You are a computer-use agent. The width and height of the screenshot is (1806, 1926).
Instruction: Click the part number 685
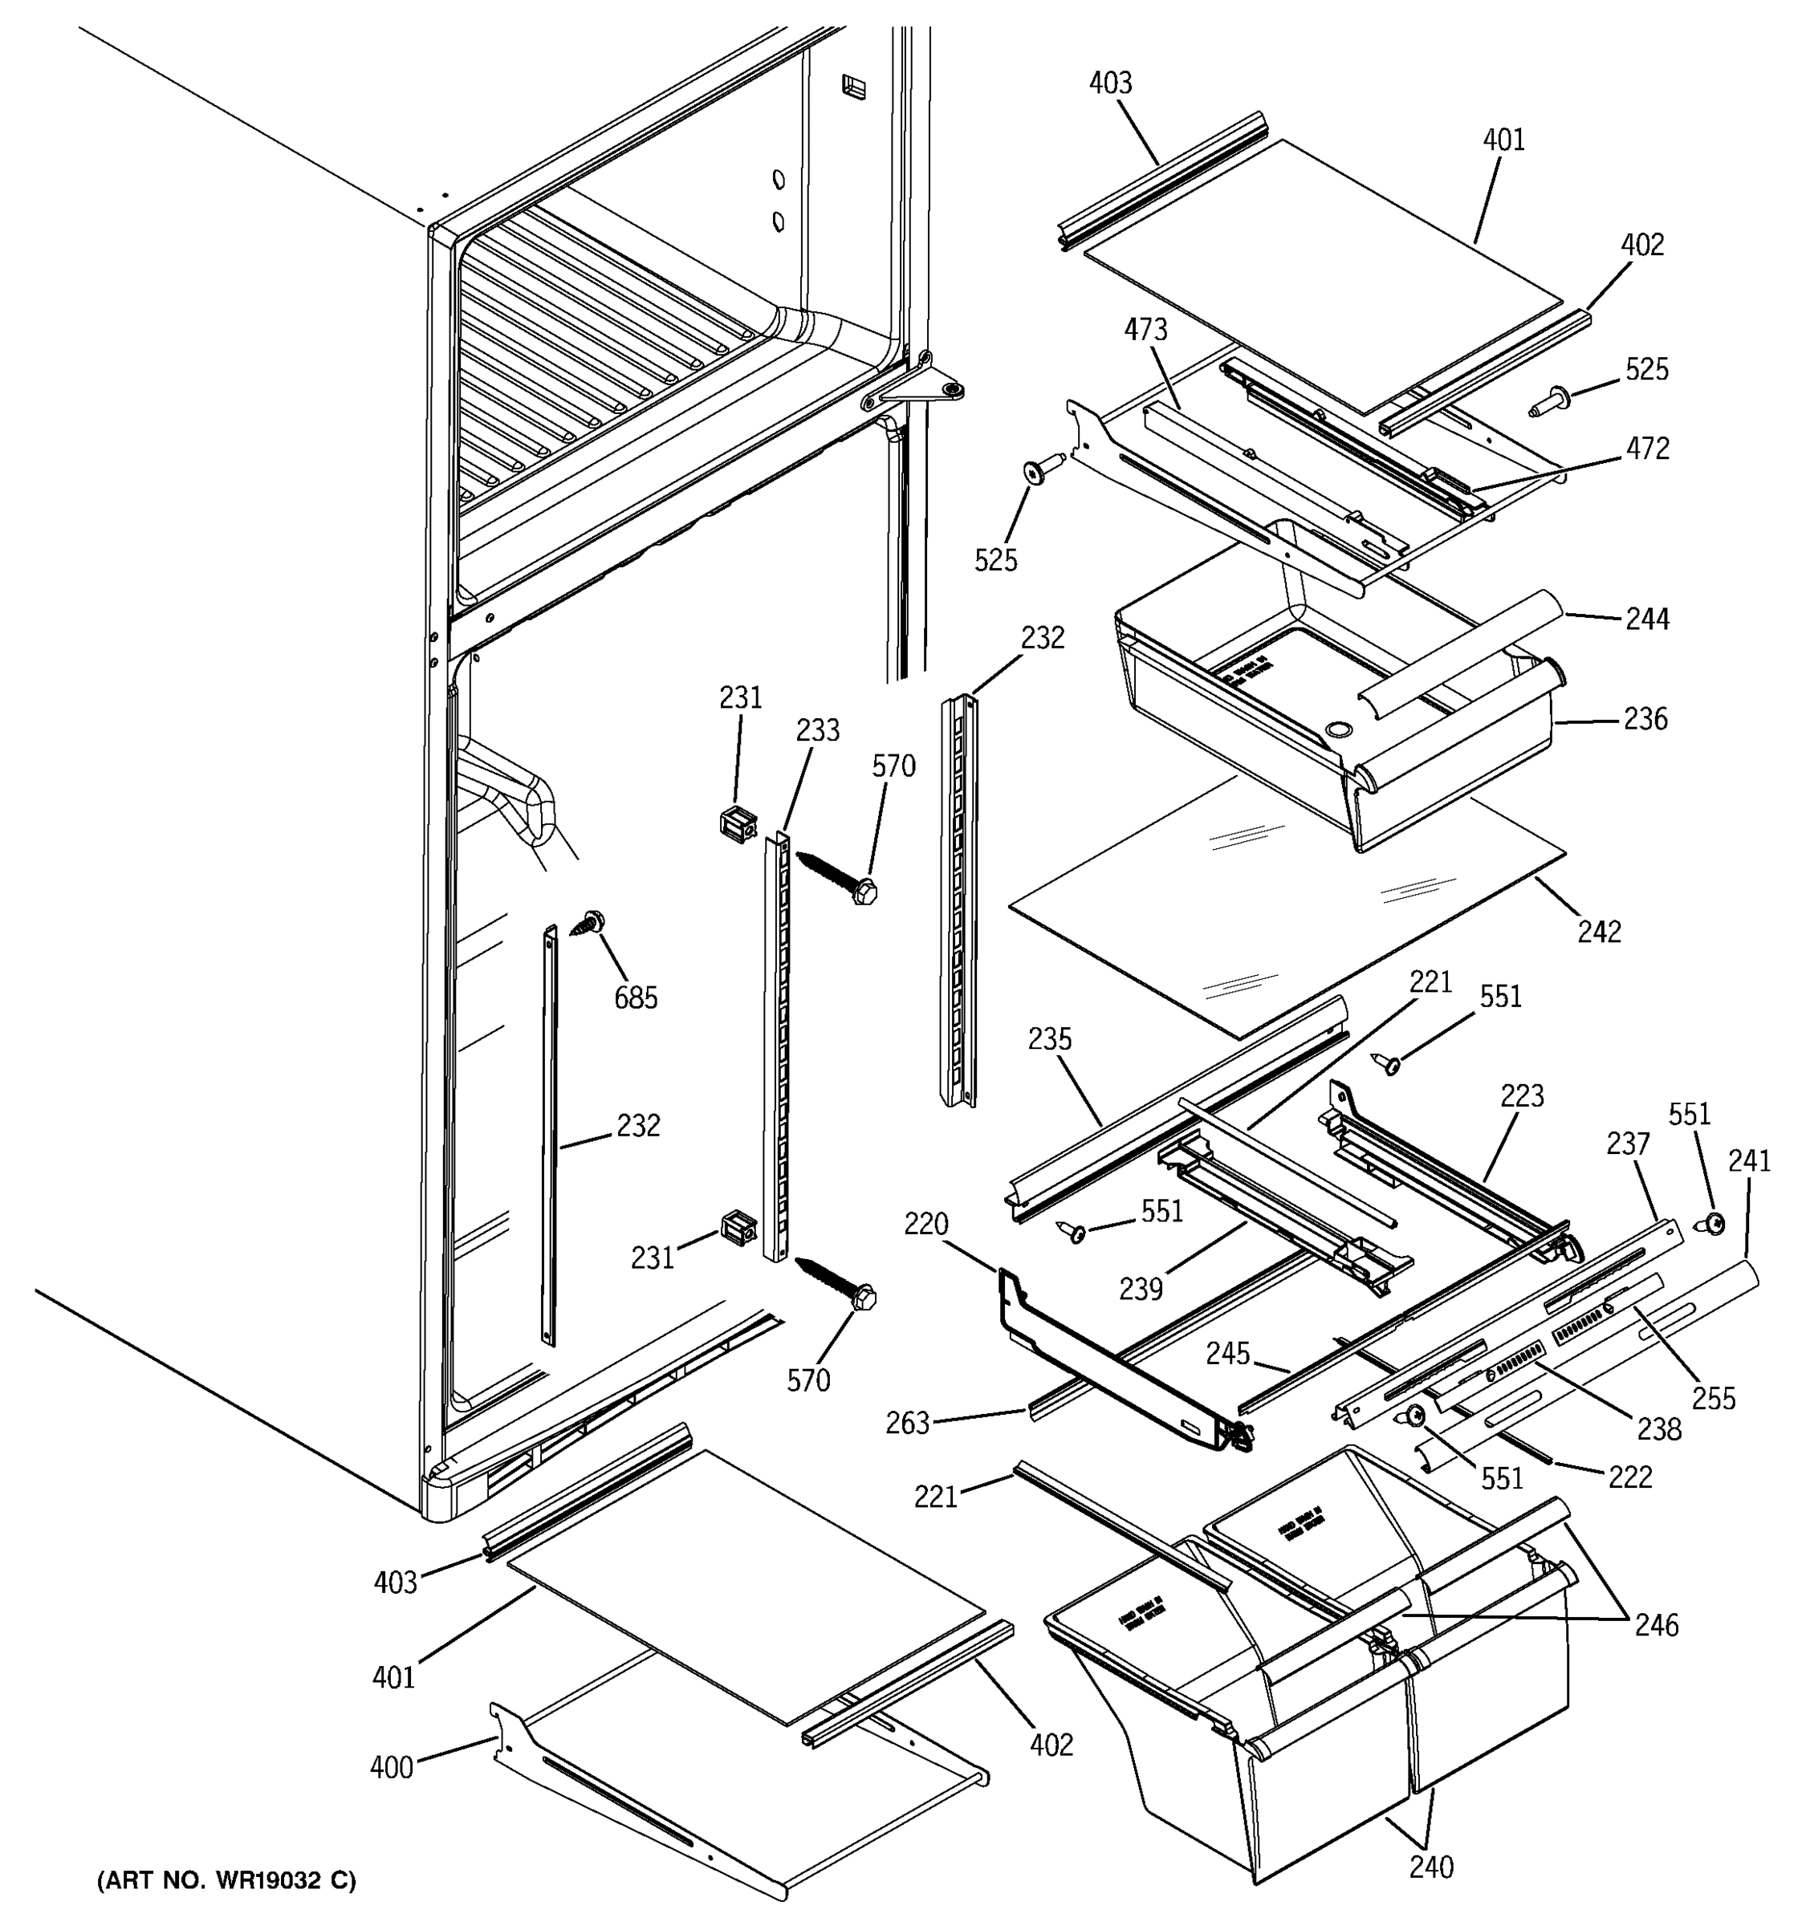(636, 997)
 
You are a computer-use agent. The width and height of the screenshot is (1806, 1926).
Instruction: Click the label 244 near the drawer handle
(1647, 618)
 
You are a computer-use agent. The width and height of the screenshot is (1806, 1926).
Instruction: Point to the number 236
(1646, 719)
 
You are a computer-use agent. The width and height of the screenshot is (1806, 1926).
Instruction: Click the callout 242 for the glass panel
(1599, 931)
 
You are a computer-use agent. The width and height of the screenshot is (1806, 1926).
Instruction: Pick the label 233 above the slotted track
(818, 729)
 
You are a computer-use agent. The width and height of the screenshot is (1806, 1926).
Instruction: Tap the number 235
(1049, 1039)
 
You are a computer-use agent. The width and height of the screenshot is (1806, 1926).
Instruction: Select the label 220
(925, 1225)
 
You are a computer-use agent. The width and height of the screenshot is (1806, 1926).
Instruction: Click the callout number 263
(907, 1423)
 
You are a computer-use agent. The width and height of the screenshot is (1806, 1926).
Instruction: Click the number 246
(1656, 1623)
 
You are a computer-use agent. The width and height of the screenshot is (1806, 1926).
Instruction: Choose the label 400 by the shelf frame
(392, 1767)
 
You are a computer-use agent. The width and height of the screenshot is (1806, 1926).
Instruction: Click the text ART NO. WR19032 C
(226, 1880)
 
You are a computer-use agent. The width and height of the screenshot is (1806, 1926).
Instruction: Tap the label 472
(1648, 449)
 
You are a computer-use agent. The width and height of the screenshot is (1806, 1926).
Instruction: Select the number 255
(1713, 1399)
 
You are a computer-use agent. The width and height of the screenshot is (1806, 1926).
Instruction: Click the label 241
(1749, 1160)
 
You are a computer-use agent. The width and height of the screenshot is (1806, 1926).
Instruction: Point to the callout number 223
(1522, 1097)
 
